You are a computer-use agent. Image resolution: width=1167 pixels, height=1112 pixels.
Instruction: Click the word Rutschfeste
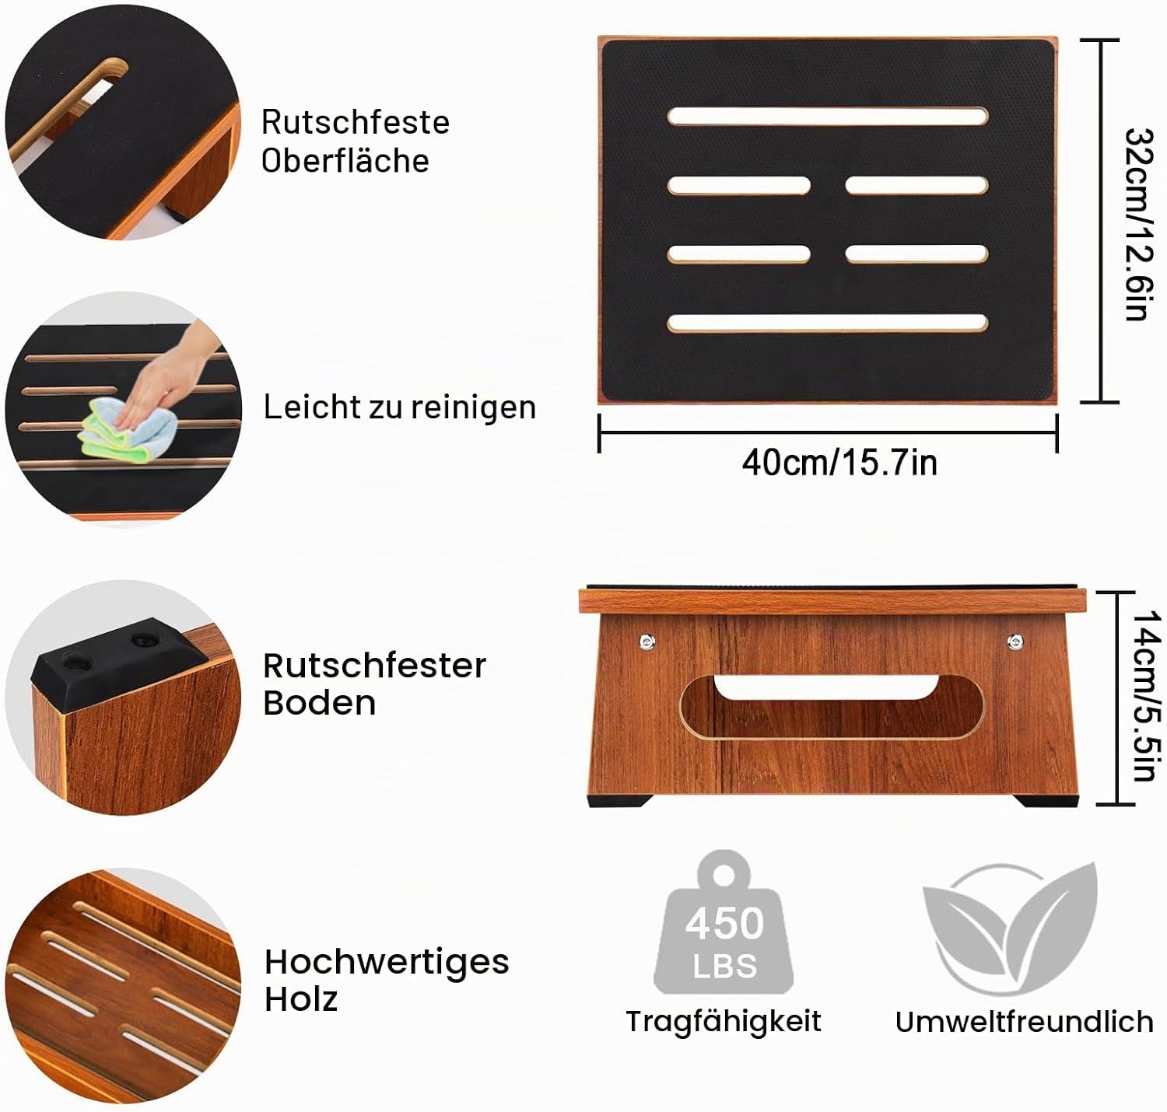click(x=355, y=122)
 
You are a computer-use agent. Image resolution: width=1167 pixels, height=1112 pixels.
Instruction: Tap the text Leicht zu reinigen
click(x=399, y=407)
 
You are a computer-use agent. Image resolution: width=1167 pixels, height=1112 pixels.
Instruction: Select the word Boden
click(x=319, y=703)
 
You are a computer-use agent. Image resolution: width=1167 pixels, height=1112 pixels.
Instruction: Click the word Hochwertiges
click(x=387, y=963)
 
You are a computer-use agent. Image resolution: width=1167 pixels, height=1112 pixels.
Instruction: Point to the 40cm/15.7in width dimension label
click(x=839, y=462)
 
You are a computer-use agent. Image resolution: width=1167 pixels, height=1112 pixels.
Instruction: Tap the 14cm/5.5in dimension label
click(x=1144, y=695)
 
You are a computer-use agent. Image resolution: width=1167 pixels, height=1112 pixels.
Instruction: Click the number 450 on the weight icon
click(x=724, y=923)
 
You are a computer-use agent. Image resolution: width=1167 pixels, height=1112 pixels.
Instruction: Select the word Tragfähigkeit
click(x=724, y=1021)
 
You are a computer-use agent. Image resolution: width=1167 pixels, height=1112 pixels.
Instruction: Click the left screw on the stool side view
click(x=647, y=642)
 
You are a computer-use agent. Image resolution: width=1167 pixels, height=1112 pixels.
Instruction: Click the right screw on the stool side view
click(x=1015, y=642)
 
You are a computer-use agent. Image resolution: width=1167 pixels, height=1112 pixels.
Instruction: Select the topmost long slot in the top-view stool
click(x=828, y=117)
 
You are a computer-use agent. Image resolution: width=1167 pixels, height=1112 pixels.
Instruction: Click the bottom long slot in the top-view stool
click(x=828, y=323)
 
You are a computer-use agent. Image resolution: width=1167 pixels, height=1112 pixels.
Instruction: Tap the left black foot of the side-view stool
click(x=618, y=800)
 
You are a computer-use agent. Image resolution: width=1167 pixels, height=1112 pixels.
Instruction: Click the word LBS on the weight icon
click(x=725, y=966)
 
